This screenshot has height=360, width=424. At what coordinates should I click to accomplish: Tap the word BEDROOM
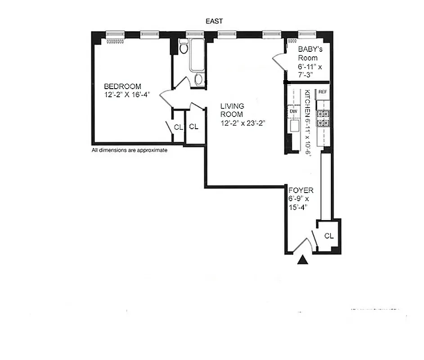pos(122,86)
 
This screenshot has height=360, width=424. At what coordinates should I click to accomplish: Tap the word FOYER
pos(301,191)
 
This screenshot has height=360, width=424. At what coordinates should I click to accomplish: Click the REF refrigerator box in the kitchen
pos(322,92)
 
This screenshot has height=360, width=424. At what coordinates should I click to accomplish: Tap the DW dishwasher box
pos(293,110)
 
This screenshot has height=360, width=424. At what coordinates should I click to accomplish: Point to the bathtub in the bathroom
pos(196,56)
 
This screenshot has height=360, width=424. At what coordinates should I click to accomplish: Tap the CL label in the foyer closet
pos(329,235)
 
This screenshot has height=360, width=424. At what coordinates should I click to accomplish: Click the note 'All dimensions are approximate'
pos(130,151)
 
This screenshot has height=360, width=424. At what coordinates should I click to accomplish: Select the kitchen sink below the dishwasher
pos(294,126)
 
